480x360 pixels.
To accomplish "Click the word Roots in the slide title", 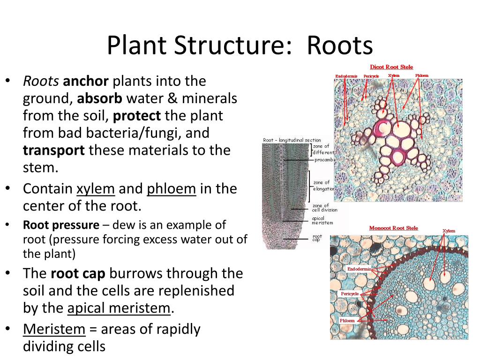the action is pyautogui.click(x=340, y=46).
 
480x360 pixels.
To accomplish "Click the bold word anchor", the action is pyautogui.click(x=86, y=81).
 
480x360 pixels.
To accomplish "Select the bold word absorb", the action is pyautogui.click(x=99, y=98).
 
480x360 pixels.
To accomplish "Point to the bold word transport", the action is pyautogui.click(x=54, y=150).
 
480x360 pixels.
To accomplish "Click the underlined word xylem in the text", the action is pyautogui.click(x=96, y=188).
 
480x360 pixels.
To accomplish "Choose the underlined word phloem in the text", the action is pyautogui.click(x=171, y=188).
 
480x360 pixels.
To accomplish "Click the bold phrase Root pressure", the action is pyautogui.click(x=61, y=225).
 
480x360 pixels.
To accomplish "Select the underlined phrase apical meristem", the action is pyautogui.click(x=119, y=308).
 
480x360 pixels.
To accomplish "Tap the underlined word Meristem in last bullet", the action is pyautogui.click(x=54, y=329).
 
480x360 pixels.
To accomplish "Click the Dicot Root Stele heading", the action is pyautogui.click(x=391, y=67).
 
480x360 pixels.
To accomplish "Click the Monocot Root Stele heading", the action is pyautogui.click(x=393, y=228).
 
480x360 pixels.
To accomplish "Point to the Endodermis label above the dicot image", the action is pyautogui.click(x=346, y=76).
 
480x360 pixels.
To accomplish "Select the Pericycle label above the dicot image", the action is pyautogui.click(x=371, y=76).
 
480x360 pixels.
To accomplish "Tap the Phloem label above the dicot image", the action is pyautogui.click(x=421, y=75).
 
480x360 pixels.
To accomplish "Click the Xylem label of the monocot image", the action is pyautogui.click(x=449, y=231).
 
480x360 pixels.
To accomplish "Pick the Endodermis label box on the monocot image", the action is pyautogui.click(x=359, y=269).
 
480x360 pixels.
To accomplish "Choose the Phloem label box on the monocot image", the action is pyautogui.click(x=347, y=320).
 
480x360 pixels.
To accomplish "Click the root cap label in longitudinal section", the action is pyautogui.click(x=317, y=238).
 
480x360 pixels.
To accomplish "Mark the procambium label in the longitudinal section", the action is pyautogui.click(x=324, y=160).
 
